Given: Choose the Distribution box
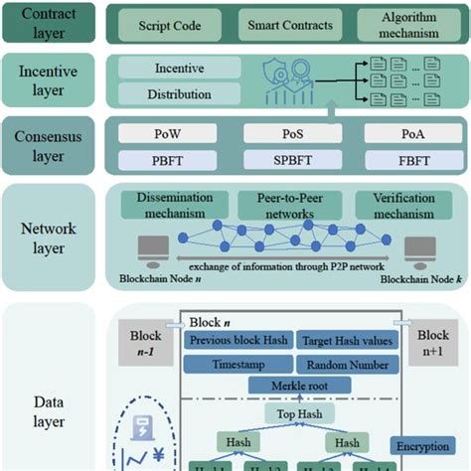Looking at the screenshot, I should coord(179,95).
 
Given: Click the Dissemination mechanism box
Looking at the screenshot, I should coord(169,206).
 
